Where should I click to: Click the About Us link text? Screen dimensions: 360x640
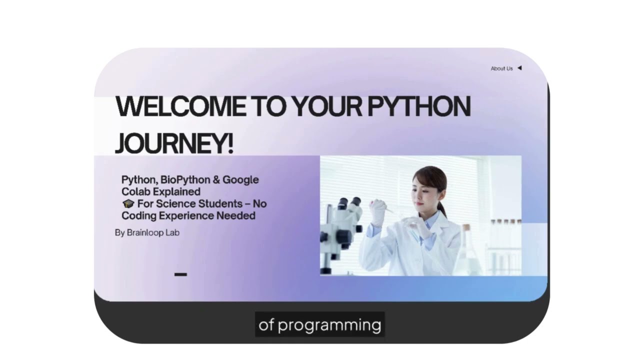501,68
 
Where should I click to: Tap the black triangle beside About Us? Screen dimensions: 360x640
519,68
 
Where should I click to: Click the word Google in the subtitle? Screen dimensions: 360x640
240,179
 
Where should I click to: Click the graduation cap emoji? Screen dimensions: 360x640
128,204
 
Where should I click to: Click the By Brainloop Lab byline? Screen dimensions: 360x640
147,232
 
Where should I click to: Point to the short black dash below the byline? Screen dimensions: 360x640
180,274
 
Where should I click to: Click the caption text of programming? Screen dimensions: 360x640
319,325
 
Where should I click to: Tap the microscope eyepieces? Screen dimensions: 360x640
348,202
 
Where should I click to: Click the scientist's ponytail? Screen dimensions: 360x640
442,206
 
